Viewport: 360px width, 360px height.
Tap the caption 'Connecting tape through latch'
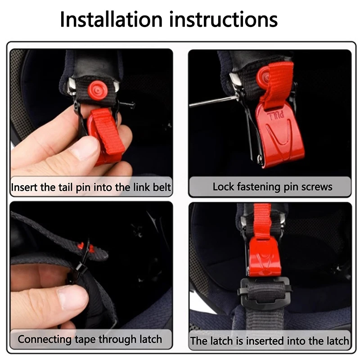pyautogui.click(x=90, y=339)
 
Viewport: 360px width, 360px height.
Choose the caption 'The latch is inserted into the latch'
pyautogui.click(x=270, y=341)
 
